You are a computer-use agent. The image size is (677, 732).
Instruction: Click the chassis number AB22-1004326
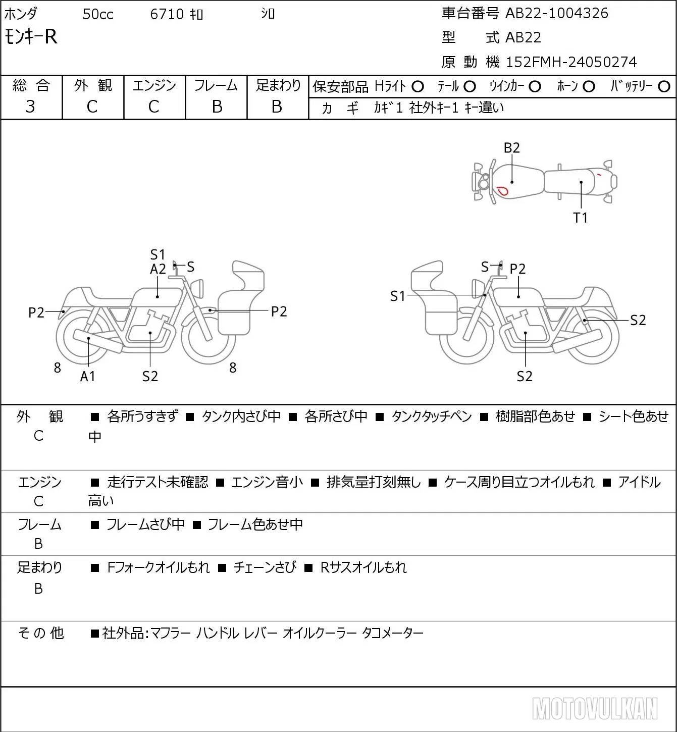556,13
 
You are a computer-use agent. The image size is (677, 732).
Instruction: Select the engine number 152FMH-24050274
571,62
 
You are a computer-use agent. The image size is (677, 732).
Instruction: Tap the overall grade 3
30,107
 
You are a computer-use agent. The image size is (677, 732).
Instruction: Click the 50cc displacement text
98,14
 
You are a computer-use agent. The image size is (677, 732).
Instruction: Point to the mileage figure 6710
167,14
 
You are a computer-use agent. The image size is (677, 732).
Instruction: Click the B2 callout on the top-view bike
512,148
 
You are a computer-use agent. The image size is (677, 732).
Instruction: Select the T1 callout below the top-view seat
581,218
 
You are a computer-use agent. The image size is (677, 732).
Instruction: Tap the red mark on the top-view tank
502,190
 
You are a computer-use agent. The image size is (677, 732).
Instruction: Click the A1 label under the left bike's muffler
88,376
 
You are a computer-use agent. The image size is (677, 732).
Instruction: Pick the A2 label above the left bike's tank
158,269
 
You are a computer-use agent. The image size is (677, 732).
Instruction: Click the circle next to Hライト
418,87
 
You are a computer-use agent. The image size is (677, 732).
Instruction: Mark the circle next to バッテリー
664,86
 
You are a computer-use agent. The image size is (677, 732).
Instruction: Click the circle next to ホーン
589,87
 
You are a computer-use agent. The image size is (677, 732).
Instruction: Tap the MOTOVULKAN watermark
595,708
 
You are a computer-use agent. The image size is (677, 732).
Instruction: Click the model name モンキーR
31,37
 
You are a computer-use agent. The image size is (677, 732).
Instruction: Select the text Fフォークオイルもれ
158,567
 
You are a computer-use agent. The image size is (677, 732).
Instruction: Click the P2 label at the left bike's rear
36,312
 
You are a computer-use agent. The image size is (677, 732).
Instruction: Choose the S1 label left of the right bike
397,296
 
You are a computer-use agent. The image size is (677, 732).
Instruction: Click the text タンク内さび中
241,416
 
